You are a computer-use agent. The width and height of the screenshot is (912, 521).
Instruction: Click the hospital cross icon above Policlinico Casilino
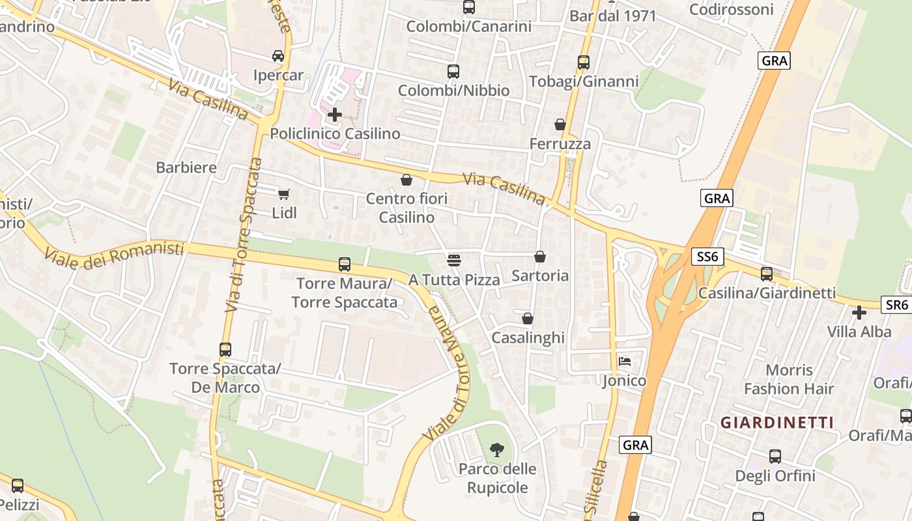tap(335, 115)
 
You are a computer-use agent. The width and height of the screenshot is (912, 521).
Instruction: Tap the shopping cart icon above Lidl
tap(283, 194)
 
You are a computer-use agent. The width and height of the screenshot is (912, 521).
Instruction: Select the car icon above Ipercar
tap(278, 56)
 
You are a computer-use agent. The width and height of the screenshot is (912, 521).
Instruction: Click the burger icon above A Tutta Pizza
tap(454, 260)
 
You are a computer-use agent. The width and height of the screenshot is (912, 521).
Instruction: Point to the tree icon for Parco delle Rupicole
tap(497, 449)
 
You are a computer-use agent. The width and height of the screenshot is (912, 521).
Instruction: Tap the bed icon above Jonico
tap(625, 361)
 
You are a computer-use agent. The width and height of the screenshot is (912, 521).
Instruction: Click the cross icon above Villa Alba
tap(859, 313)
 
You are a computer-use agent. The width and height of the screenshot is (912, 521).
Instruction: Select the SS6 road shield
tap(707, 257)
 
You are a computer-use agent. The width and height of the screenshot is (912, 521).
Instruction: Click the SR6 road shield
tap(896, 304)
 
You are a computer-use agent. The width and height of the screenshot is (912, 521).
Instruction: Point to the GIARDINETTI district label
tap(777, 423)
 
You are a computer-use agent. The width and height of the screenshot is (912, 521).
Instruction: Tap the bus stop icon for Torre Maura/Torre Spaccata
tap(344, 264)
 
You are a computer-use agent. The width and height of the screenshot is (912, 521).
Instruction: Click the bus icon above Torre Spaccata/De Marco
tap(225, 350)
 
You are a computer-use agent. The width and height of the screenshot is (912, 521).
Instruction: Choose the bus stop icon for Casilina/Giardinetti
tap(767, 274)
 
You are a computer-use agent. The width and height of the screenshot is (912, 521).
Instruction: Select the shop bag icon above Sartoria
tap(540, 257)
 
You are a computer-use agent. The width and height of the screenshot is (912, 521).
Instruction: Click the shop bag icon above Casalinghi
tap(528, 318)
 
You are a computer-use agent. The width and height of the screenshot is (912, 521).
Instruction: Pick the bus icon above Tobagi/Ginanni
tap(584, 63)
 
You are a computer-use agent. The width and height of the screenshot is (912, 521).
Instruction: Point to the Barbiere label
tap(186, 167)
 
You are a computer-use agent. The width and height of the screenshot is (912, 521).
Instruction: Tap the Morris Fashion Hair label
tap(789, 380)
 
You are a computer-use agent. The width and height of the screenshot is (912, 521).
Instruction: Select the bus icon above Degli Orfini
tap(775, 457)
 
